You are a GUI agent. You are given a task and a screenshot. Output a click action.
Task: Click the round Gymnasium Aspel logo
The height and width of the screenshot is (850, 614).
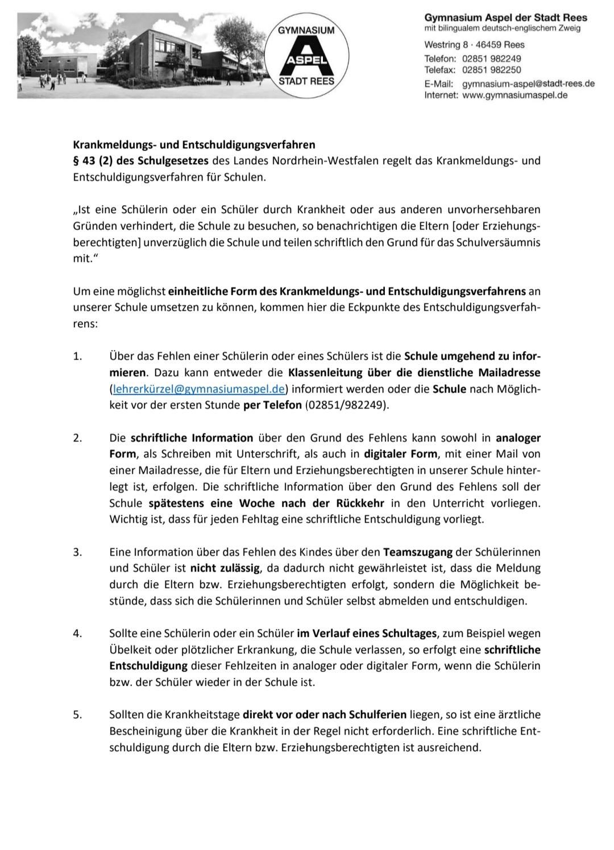[307, 56]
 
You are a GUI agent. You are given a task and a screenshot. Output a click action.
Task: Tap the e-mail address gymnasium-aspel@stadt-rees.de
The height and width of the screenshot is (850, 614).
[528, 84]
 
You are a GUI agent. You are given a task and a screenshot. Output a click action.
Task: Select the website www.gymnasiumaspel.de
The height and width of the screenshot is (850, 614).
[515, 95]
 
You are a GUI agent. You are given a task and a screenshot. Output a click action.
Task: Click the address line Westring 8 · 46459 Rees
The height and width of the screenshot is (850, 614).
[474, 45]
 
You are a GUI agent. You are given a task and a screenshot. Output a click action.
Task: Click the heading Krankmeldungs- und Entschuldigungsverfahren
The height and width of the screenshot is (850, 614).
[194, 145]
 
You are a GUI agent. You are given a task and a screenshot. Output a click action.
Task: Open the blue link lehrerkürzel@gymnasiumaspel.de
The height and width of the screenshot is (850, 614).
[199, 389]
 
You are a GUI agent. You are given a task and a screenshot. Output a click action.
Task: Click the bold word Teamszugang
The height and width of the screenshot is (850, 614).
[417, 552]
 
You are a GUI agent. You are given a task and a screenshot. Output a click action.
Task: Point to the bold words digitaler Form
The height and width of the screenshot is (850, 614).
[401, 454]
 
